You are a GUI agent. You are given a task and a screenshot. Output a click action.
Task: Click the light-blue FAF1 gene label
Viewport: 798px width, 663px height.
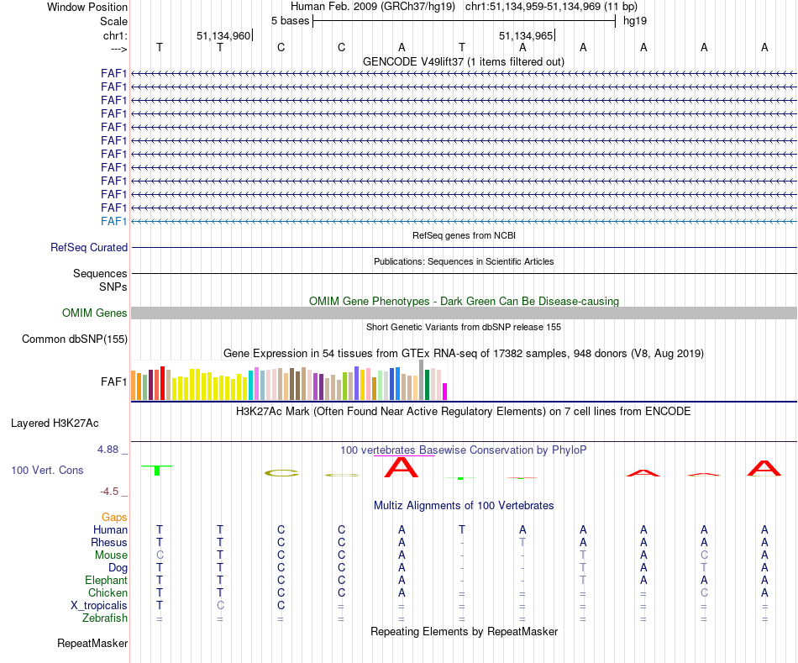point(113,221)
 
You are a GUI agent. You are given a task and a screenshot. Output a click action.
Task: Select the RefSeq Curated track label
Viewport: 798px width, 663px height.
point(89,248)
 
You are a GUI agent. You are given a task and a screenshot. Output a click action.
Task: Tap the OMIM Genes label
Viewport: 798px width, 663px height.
point(95,313)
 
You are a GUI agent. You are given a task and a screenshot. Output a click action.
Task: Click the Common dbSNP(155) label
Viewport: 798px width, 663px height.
point(75,339)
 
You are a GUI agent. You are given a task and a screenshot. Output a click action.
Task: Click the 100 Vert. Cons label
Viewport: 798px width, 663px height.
point(47,471)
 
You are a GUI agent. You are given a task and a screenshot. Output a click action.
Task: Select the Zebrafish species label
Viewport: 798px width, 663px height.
point(105,618)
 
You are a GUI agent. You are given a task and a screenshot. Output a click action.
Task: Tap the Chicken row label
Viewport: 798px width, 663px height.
point(108,593)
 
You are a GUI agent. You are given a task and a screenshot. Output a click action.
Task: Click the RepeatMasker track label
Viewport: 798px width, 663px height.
point(92,644)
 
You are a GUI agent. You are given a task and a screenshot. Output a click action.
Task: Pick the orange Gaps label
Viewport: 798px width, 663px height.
point(114,518)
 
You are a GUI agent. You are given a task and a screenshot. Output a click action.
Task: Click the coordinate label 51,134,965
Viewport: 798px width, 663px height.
point(526,36)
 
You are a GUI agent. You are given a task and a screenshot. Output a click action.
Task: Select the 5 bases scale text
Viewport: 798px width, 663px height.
point(290,20)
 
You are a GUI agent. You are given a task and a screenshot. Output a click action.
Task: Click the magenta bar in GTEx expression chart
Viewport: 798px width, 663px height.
point(445,392)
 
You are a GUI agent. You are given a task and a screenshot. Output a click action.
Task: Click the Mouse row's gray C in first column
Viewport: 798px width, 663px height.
point(160,555)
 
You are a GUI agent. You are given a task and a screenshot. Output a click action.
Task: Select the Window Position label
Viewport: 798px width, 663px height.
point(87,7)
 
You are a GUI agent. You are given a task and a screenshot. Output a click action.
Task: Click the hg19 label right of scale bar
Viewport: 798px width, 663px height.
point(634,20)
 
